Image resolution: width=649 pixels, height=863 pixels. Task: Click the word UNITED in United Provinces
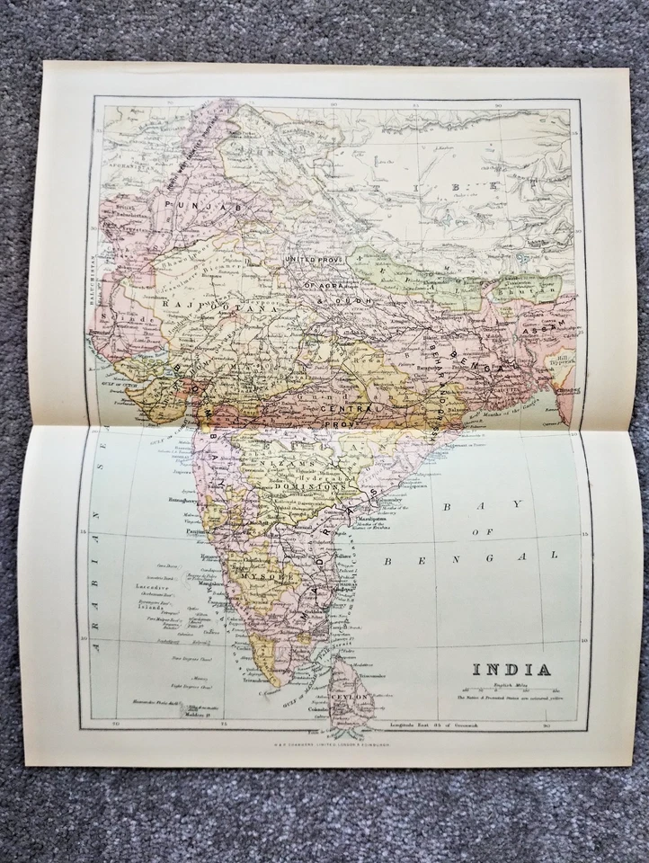pos(303,260)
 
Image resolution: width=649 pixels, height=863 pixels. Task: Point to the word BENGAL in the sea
pos(471,558)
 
